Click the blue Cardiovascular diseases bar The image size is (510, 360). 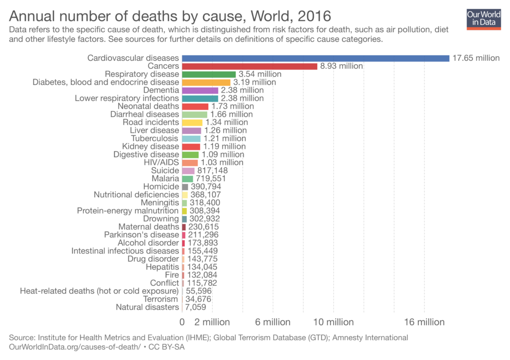click(315, 58)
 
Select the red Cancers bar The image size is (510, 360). click(250, 66)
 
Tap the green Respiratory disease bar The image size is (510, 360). click(209, 74)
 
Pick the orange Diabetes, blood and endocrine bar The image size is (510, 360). click(206, 82)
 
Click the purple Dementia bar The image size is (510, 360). click(200, 90)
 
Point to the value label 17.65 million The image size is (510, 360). click(476, 58)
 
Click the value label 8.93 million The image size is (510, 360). click(341, 66)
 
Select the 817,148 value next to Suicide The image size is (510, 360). click(212, 170)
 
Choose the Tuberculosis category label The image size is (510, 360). click(154, 138)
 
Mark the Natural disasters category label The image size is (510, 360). click(147, 307)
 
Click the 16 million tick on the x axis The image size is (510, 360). click(424, 322)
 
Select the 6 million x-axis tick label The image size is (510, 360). click(273, 322)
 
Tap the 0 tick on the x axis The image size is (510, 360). click(182, 322)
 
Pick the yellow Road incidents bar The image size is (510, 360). click(192, 122)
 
